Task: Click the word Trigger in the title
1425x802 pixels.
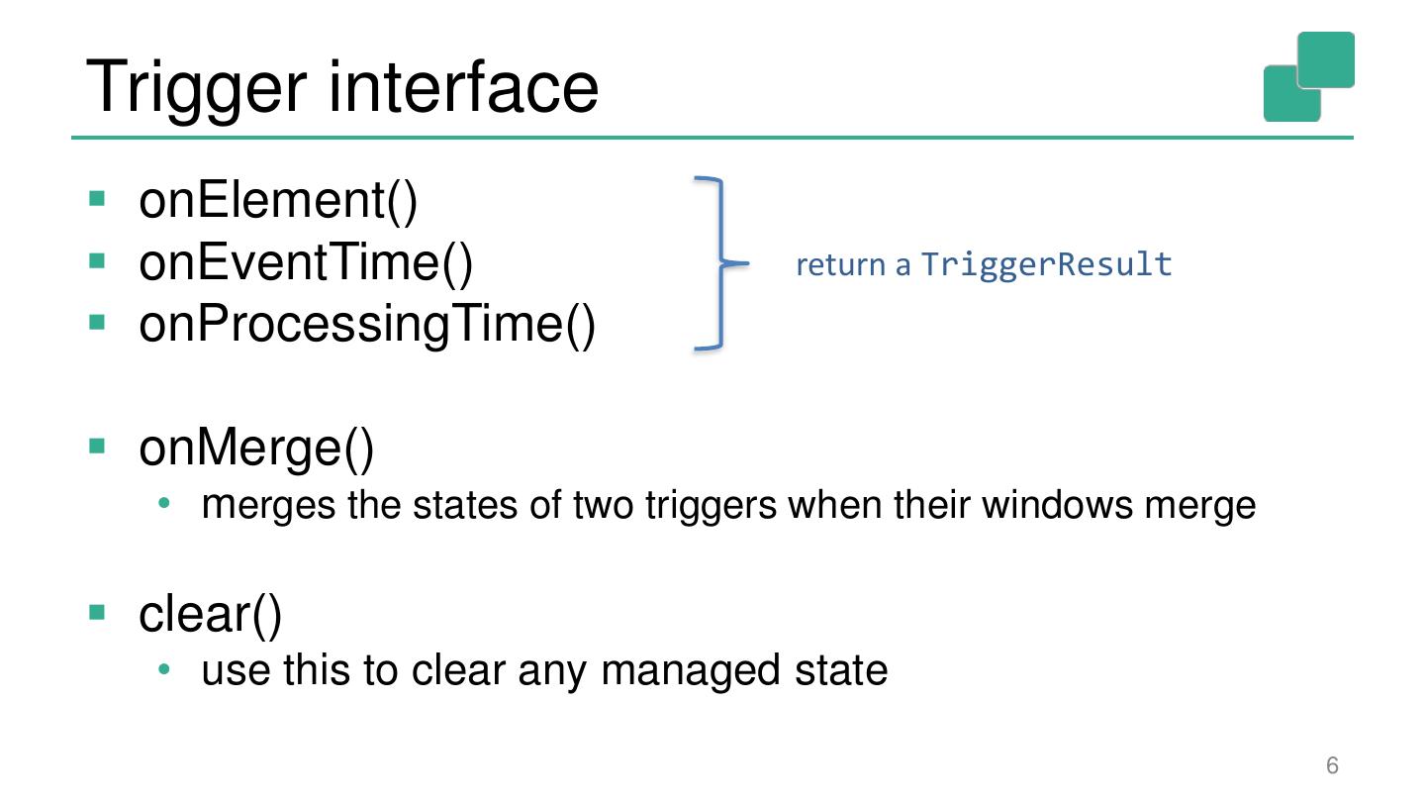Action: pos(197,87)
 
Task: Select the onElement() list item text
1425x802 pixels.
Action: pos(278,200)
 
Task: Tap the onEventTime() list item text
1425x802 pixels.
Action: pos(306,262)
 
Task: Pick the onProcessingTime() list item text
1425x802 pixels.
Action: pos(367,324)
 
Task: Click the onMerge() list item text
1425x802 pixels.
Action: pos(256,448)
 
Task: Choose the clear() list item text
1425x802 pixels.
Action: pos(211,614)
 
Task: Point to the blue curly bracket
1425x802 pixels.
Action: pos(720,263)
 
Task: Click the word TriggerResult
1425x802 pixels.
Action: pos(1046,264)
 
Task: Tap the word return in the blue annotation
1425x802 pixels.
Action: pos(840,265)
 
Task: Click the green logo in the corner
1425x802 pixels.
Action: pos(1308,77)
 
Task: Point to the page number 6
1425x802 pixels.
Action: pos(1332,765)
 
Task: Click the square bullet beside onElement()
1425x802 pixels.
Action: pos(97,198)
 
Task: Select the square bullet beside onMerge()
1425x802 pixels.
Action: pos(97,446)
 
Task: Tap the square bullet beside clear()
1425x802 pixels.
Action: pos(97,611)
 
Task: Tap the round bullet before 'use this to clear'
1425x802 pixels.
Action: pos(165,670)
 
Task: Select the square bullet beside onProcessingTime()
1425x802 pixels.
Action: pos(97,322)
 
